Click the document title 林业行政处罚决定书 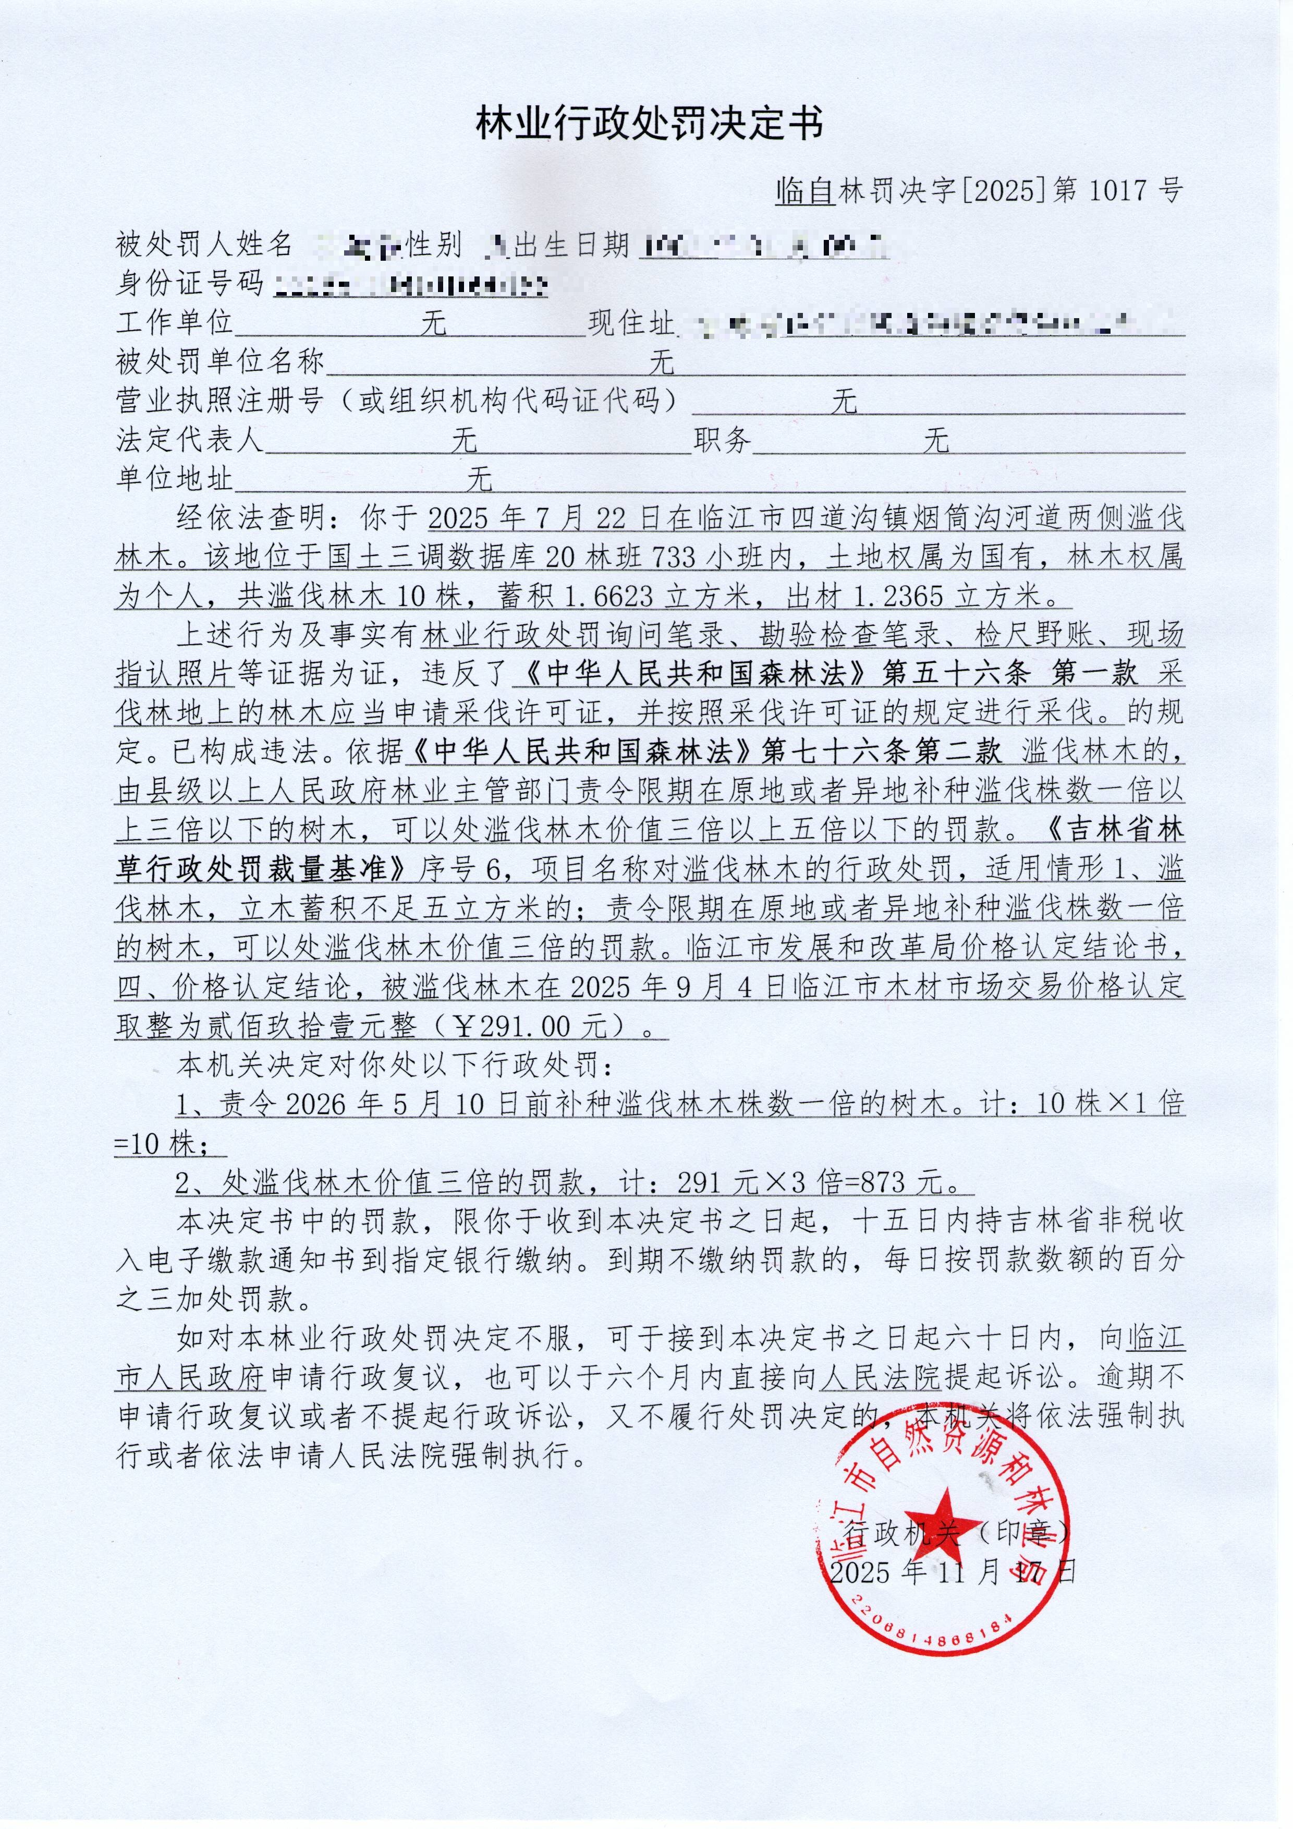click(x=649, y=124)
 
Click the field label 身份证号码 click(x=189, y=284)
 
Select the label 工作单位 click(x=174, y=323)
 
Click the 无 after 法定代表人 click(x=464, y=441)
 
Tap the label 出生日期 click(x=571, y=245)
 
